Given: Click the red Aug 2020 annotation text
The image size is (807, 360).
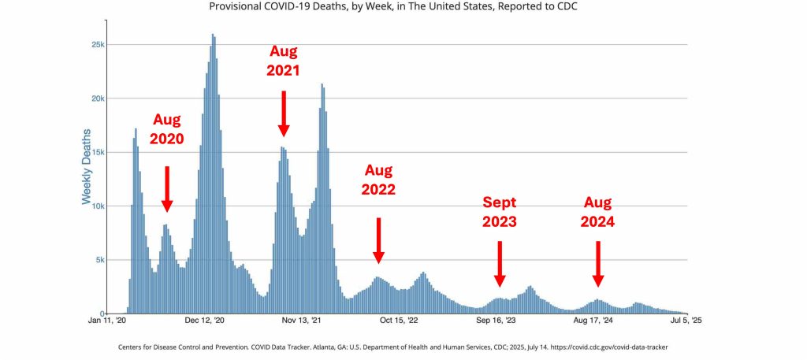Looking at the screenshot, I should [167, 129].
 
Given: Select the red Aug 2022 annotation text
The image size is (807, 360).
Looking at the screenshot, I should [378, 180].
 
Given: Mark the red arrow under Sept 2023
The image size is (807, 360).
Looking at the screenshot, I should [500, 264].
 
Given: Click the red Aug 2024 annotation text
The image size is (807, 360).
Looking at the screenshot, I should [598, 211].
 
